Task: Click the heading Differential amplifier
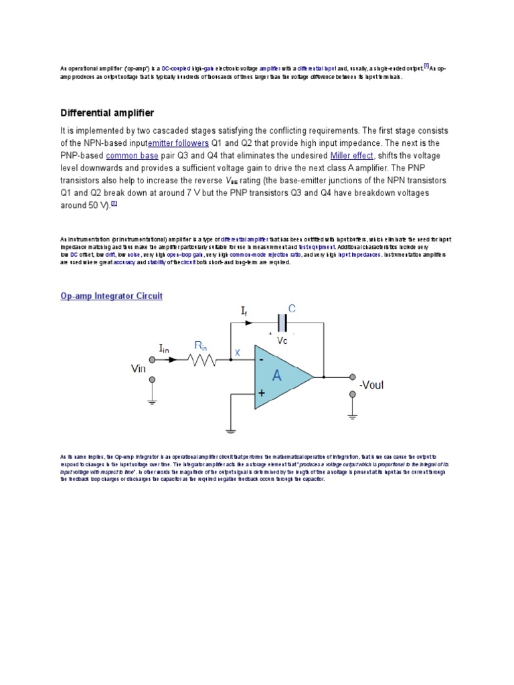point(107,112)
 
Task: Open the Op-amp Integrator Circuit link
point(112,296)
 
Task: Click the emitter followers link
point(178,143)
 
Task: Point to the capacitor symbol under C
point(282,324)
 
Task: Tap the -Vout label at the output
point(372,385)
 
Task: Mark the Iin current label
point(164,348)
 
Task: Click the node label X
point(238,352)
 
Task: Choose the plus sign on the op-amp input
point(260,393)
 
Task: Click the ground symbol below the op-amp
point(230,431)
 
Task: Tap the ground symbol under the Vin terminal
point(153,402)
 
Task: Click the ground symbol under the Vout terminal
point(351,417)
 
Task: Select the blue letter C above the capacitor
point(291,308)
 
